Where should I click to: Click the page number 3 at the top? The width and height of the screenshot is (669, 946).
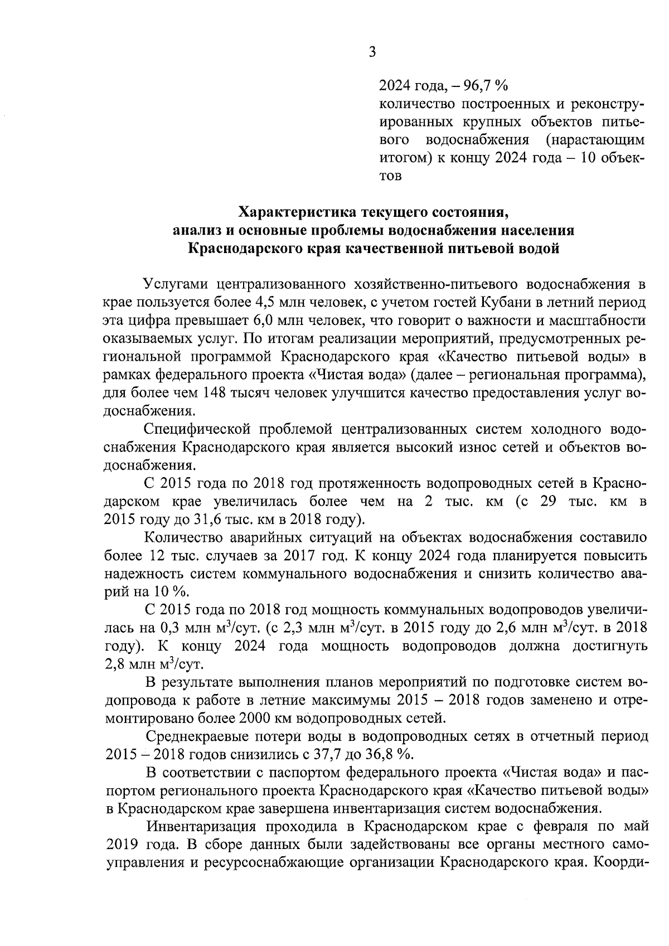point(372,52)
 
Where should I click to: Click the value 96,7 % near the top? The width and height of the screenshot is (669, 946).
point(487,86)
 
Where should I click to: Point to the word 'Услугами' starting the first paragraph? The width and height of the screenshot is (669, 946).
point(176,284)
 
